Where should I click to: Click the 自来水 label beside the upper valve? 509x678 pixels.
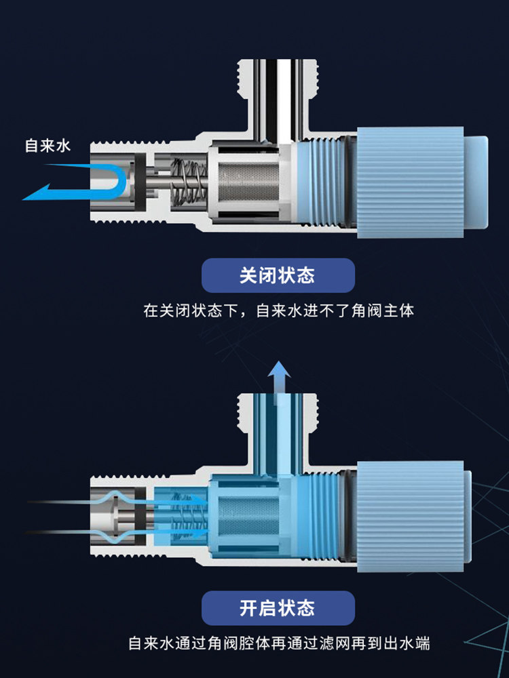(48, 145)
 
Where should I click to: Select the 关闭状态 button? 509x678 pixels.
(278, 275)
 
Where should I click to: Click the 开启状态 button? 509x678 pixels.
(278, 607)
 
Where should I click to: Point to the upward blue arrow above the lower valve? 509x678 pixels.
(278, 377)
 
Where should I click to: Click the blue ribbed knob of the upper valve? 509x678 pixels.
(410, 182)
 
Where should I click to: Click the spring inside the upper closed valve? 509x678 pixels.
(188, 181)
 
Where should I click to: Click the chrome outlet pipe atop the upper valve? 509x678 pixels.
(278, 95)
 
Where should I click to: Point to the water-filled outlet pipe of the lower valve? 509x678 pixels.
(278, 427)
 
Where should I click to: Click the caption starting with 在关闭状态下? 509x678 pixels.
(278, 311)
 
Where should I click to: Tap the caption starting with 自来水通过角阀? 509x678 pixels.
(278, 643)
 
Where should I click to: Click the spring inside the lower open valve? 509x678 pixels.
(188, 513)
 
